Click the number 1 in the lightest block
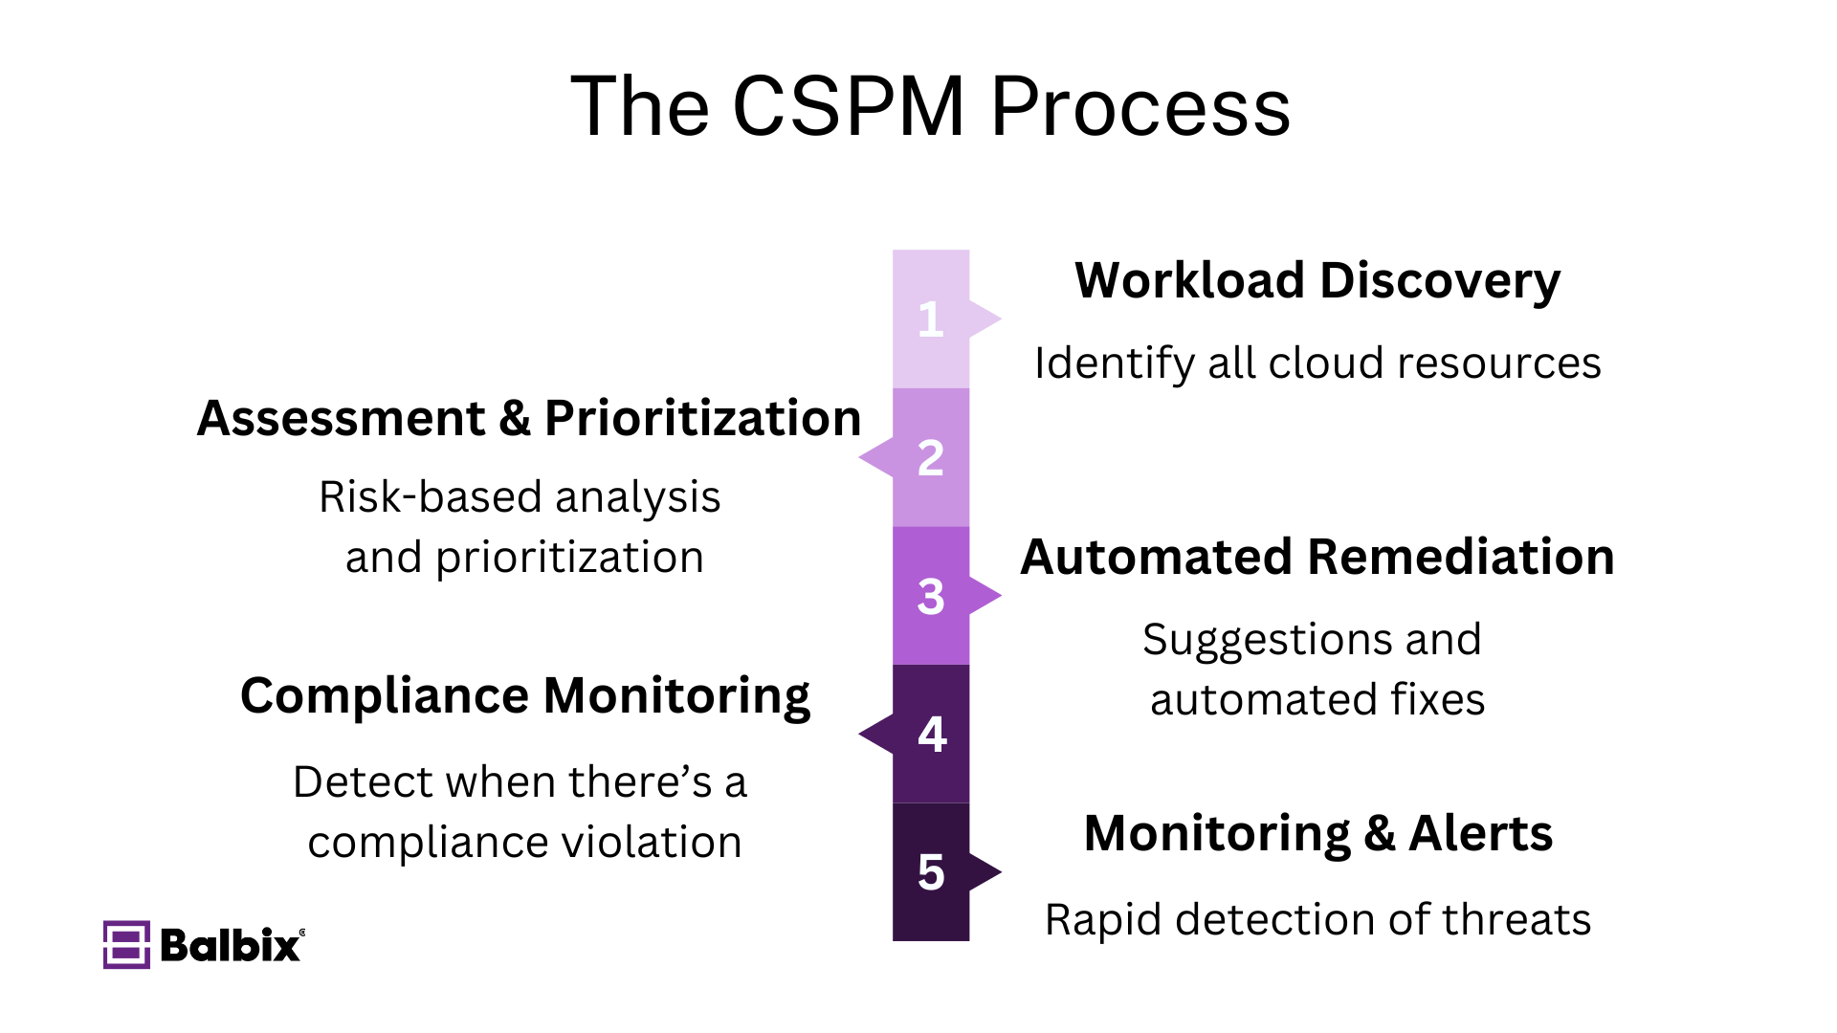pos(930,319)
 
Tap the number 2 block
pos(930,458)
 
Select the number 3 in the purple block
pos(930,597)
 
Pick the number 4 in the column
pos(931,735)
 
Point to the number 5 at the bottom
pos(930,872)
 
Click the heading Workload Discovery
pos(1317,281)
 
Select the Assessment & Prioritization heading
pos(528,419)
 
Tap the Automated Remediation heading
pos(1317,557)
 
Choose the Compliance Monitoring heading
pos(524,695)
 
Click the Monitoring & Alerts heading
pos(1317,833)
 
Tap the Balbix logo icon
pos(126,945)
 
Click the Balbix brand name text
pos(230,945)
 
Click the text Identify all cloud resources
pos(1317,363)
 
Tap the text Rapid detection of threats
pos(1317,920)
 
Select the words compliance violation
pos(524,843)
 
